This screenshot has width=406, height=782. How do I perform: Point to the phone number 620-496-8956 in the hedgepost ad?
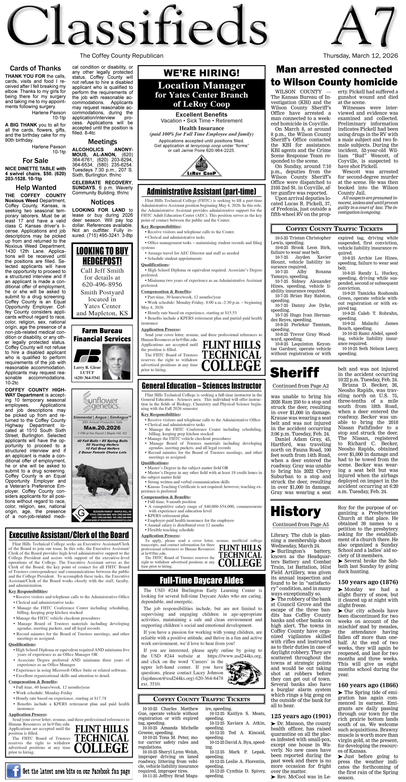click(102, 284)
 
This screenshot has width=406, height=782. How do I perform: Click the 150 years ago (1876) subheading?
click(368, 582)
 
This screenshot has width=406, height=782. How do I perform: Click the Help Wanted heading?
click(36, 188)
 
